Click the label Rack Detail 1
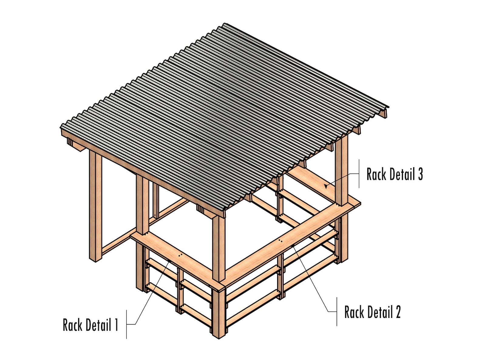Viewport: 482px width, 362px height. click(90, 325)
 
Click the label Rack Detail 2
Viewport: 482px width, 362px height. click(372, 312)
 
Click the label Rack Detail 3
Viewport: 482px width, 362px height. click(394, 174)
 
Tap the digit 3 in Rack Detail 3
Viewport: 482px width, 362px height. click(420, 174)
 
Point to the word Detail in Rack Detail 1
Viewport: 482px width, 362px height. click(98, 325)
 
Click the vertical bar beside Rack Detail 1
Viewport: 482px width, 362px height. click(127, 324)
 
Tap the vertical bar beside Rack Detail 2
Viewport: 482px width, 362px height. click(337, 312)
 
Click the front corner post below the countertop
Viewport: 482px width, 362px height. click(219, 313)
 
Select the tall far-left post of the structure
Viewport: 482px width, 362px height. click(95, 207)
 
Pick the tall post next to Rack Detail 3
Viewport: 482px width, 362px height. click(341, 173)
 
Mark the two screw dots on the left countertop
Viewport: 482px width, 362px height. click(181, 256)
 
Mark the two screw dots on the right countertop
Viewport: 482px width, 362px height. click(280, 241)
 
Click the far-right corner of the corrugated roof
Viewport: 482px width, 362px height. click(388, 107)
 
